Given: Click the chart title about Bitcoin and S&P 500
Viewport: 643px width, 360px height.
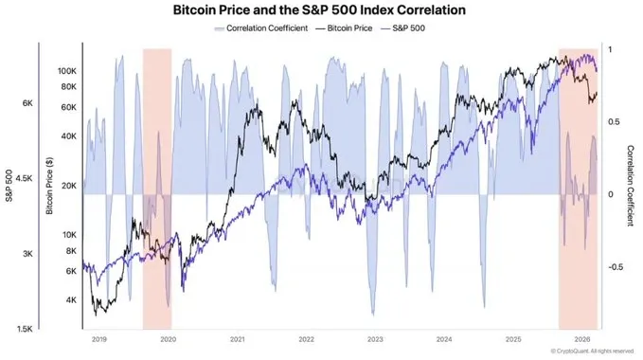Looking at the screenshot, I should point(320,11).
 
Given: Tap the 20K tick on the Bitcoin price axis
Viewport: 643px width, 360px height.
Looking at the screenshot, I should point(69,186).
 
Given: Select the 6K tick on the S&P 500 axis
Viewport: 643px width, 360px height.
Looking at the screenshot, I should point(27,102).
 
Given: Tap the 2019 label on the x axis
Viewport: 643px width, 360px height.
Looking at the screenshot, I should point(98,338).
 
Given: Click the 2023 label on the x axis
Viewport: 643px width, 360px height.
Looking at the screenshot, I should point(375,338).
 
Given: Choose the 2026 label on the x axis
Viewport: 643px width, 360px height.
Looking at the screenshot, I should point(581,338).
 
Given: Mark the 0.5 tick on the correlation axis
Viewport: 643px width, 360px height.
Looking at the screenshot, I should point(616,121).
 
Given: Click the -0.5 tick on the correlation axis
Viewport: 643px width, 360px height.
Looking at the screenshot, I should point(616,266).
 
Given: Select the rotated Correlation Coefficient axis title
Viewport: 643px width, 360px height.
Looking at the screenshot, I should point(631,186).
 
